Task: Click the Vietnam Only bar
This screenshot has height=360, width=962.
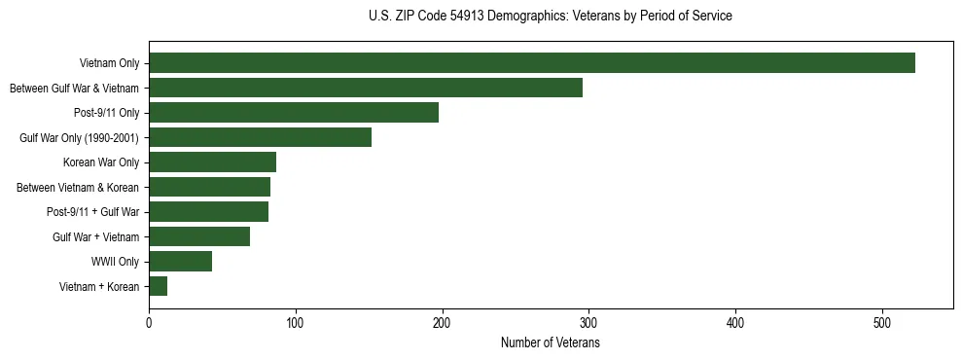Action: tap(532, 63)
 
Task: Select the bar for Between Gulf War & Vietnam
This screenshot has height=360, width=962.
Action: tap(366, 88)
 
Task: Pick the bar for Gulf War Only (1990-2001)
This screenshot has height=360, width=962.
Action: tap(260, 137)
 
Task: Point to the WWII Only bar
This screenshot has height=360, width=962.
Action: tap(180, 262)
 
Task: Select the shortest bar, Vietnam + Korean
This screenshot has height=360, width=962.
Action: tap(158, 286)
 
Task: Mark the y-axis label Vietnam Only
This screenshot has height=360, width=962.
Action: tap(109, 63)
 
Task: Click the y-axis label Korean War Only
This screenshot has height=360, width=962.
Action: tap(101, 162)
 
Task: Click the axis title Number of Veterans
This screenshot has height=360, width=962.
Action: tap(550, 342)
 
